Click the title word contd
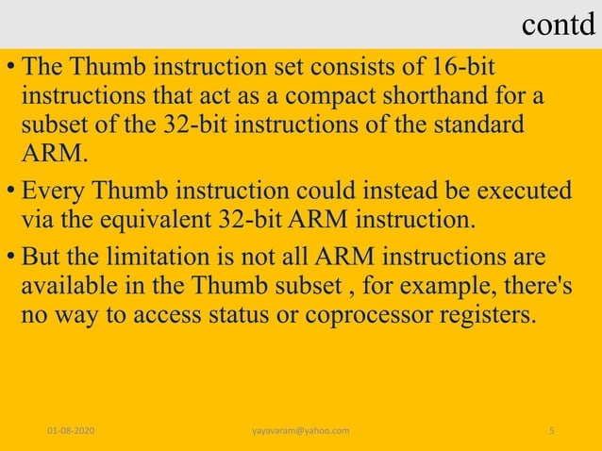pyautogui.click(x=559, y=27)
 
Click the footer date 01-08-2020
pyautogui.click(x=77, y=430)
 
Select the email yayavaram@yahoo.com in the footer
pyautogui.click(x=301, y=430)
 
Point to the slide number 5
pyautogui.click(x=551, y=430)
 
